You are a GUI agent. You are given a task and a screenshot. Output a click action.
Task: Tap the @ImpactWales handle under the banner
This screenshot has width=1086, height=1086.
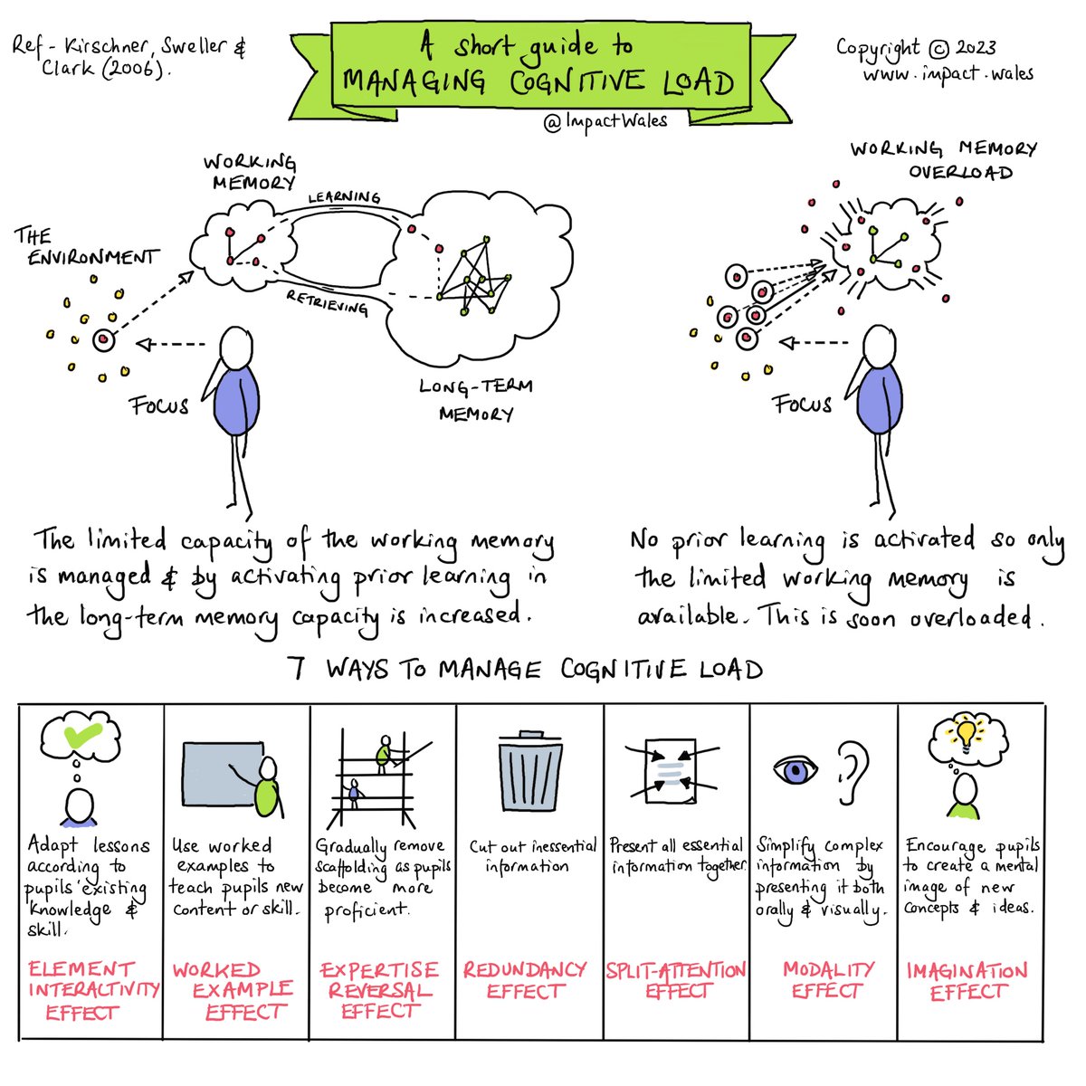coord(605,121)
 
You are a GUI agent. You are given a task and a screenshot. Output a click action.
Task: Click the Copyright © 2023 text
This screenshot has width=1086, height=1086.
coord(916,48)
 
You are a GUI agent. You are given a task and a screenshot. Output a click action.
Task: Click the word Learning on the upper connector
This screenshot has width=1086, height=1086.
coord(344,196)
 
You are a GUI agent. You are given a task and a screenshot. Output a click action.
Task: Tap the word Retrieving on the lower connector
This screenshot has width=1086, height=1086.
coord(328,303)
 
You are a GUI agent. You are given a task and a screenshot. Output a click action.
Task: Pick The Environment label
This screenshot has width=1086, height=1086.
coord(86,247)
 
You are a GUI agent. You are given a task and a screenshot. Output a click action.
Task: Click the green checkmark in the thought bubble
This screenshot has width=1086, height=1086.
coord(81,738)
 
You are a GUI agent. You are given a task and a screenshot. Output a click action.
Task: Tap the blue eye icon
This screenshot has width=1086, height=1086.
coord(795,770)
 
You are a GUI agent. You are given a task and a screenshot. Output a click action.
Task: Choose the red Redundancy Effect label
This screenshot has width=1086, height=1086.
coord(525,980)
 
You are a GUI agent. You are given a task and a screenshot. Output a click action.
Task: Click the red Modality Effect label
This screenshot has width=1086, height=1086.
coord(827,980)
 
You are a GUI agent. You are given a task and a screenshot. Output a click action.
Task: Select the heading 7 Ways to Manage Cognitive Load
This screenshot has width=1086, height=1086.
coord(525,670)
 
